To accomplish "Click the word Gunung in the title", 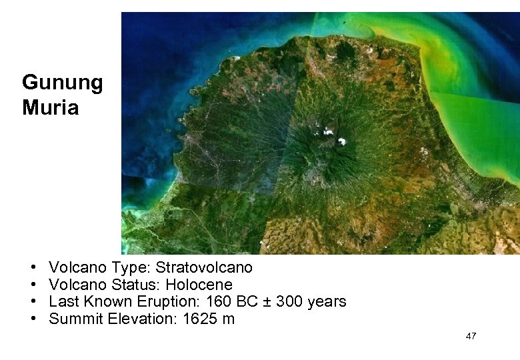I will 62,83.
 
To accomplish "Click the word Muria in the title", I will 50,107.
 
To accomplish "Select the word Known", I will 105,302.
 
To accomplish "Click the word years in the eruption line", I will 327,302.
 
